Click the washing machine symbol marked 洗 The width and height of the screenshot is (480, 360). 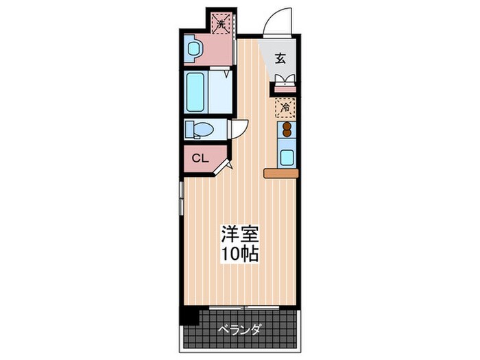[x=220, y=24]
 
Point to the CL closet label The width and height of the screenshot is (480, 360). [x=200, y=158]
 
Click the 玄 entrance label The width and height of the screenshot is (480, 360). [x=280, y=58]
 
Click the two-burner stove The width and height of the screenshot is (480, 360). [x=286, y=130]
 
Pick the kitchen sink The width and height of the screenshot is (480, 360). [x=287, y=156]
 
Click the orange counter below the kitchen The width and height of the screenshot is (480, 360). [x=281, y=173]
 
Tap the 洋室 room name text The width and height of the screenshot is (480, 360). [x=239, y=234]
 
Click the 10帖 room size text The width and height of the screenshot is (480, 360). [x=239, y=254]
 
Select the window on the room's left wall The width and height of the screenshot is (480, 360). [x=180, y=198]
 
